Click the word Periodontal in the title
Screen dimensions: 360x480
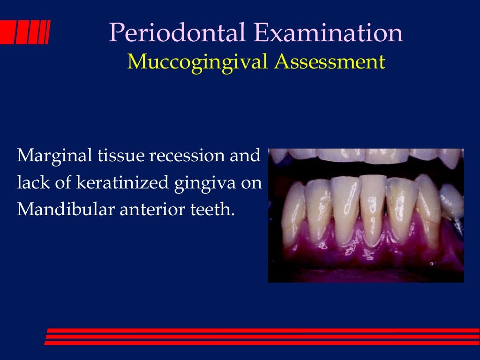[x=179, y=34]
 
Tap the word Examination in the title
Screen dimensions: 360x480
[x=328, y=34]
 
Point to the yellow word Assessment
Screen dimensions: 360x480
[x=330, y=62]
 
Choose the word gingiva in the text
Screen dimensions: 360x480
[x=206, y=183]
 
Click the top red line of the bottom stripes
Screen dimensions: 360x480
[x=262, y=330]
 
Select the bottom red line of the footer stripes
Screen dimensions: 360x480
[x=262, y=343]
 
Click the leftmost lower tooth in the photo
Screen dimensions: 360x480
[x=292, y=206]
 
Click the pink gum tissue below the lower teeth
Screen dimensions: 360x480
[x=366, y=255]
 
